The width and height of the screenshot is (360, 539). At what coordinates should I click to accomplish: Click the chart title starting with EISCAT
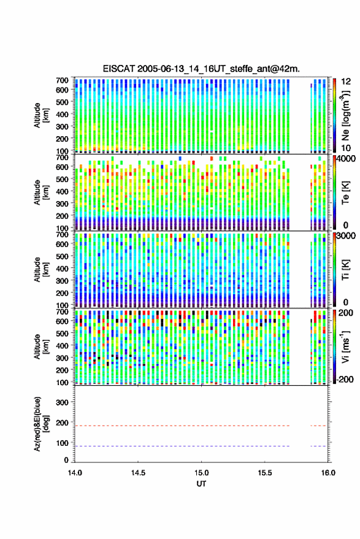pos(201,69)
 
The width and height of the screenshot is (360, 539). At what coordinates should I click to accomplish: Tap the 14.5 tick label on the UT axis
pos(138,473)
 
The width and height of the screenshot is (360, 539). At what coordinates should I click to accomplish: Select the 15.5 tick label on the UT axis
pos(265,473)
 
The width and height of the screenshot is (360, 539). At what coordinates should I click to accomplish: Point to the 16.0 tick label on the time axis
pos(328,473)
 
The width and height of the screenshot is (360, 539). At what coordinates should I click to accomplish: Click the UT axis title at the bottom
pos(201,484)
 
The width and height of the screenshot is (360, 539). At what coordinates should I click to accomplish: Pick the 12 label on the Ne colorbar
pos(346,82)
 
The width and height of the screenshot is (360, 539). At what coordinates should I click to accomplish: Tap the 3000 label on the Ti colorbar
pos(347,236)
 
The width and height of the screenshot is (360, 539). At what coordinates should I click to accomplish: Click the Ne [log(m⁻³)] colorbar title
pos(345,115)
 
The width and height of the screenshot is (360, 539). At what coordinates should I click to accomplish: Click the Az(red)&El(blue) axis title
pos(41,424)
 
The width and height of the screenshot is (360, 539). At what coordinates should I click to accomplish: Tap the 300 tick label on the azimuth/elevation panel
pos(62,402)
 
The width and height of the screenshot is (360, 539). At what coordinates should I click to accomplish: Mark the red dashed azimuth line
pos(201,426)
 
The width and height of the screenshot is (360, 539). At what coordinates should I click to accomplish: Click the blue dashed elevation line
pos(201,446)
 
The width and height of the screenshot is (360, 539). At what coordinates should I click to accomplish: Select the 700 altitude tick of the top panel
pos(62,80)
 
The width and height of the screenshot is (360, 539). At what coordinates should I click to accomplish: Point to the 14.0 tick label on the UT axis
pos(75,473)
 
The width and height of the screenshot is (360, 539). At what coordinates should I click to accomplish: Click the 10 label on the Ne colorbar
pos(346,148)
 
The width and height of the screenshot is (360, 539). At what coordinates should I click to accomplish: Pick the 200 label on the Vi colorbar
pos(346,313)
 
